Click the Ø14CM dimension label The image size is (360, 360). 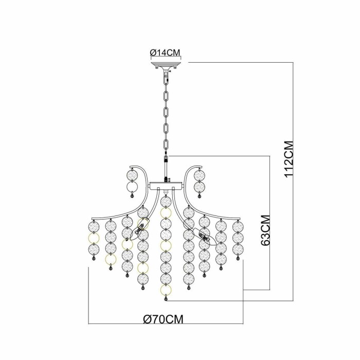click(166, 52)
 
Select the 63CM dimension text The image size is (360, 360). click(265, 230)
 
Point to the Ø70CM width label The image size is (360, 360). click(163, 319)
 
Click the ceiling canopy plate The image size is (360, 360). click(166, 65)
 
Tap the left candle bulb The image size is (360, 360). click(140, 229)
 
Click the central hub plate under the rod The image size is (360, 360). click(166, 186)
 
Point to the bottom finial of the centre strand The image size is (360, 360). click(166, 299)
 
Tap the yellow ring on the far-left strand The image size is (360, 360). click(94, 238)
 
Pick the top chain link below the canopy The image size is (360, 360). click(166, 76)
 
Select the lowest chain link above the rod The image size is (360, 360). click(166, 144)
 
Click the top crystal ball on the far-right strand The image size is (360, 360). click(238, 227)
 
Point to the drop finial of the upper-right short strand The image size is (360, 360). click(200, 196)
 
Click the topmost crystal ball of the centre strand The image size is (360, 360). click(166, 202)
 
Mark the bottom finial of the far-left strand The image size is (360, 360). click(94, 259)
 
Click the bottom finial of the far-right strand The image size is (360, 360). click(238, 259)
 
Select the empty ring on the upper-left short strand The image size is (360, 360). click(132, 187)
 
